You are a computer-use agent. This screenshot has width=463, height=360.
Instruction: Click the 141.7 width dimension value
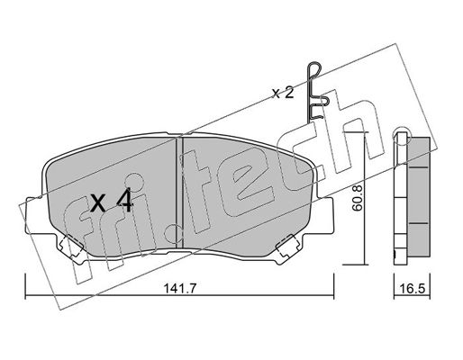pyautogui.click(x=179, y=289)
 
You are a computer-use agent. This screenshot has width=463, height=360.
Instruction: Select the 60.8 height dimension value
pyautogui.click(x=358, y=198)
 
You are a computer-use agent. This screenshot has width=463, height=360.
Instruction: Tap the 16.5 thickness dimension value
pyautogui.click(x=413, y=289)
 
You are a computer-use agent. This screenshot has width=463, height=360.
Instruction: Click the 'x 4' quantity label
pyautogui.click(x=112, y=201)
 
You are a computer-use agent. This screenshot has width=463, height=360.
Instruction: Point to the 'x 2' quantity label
pyautogui.click(x=283, y=94)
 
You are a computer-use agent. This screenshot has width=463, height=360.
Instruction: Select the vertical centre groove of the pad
pyautogui.click(x=179, y=192)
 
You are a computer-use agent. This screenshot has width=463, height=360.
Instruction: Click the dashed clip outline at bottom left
pyautogui.click(x=72, y=246)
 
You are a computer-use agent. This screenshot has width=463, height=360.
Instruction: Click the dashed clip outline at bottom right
pyautogui.click(x=288, y=246)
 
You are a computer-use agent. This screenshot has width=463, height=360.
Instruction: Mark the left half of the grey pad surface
pyautogui.click(x=113, y=195)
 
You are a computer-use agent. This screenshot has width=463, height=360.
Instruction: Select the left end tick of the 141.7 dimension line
pyautogui.click(x=25, y=286)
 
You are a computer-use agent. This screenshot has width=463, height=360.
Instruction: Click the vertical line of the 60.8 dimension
pyautogui.click(x=364, y=198)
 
